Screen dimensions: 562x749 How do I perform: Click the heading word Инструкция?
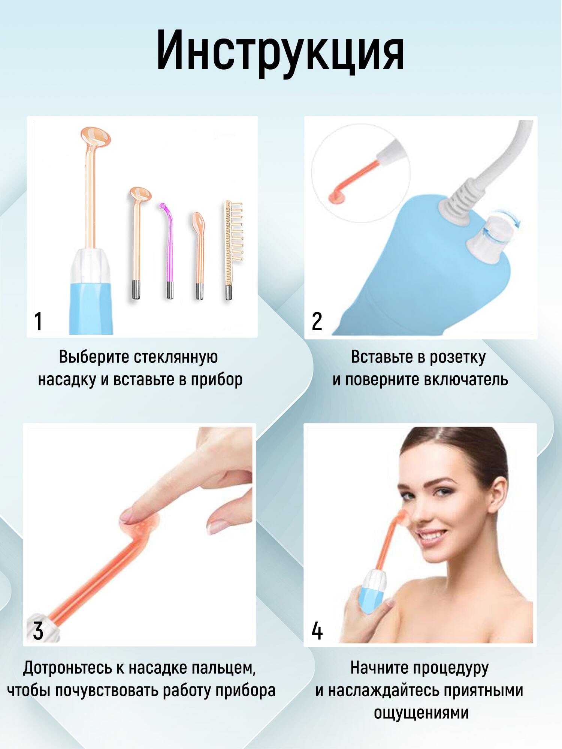280,51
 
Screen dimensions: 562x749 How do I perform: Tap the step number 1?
38,321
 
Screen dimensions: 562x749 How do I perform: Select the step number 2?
317,321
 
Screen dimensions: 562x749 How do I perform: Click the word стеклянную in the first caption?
176,357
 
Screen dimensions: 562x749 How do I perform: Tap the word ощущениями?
421,713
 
